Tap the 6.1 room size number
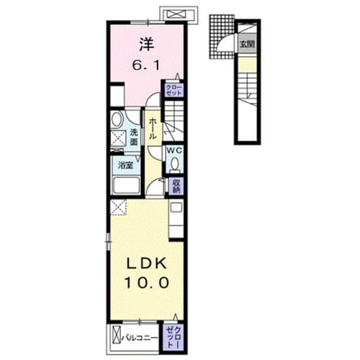click(x=146, y=66)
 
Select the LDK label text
click(x=147, y=264)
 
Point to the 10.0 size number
click(x=147, y=282)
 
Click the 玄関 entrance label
click(x=247, y=44)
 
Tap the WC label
click(x=175, y=151)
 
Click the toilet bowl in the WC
click(x=175, y=164)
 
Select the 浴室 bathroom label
click(x=125, y=165)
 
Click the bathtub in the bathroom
click(x=125, y=185)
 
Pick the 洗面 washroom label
click(x=134, y=137)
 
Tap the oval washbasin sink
click(x=117, y=119)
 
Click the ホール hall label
click(x=152, y=129)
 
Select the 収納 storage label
click(x=177, y=186)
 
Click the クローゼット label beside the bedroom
click(x=174, y=90)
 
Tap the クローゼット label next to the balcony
click(x=174, y=337)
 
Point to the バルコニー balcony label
click(x=140, y=337)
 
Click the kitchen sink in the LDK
click(x=176, y=208)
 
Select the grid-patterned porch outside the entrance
click(x=221, y=37)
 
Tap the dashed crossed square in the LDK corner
click(x=118, y=207)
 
